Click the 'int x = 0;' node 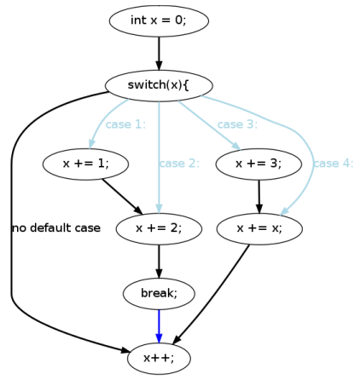tap(159, 20)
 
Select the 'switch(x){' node tap(159, 85)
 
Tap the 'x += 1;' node tap(85, 164)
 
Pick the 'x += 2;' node tap(159, 228)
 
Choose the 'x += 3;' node tap(258, 164)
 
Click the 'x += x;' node tap(259, 228)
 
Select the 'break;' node tap(159, 293)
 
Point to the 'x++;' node tap(159, 358)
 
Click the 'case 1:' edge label tap(125, 124)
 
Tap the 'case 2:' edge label tap(179, 164)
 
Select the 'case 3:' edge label tap(237, 124)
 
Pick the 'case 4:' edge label tap(334, 164)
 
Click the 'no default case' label tap(56, 227)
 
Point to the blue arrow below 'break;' tap(159, 326)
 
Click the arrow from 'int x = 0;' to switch tap(159, 54)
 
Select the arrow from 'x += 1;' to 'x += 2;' tap(123, 197)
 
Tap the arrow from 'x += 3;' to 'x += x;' tap(259, 197)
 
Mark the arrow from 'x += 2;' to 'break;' tap(159, 262)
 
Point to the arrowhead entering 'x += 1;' tap(91, 144)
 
